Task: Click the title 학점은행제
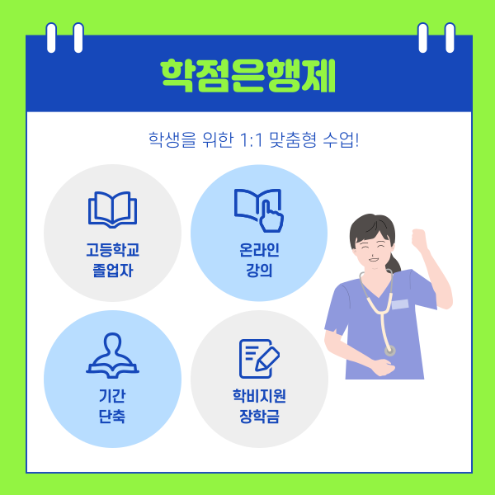[x=248, y=77]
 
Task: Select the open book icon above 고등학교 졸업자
[x=112, y=210]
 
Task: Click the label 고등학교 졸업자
[x=112, y=258]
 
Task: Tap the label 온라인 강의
[x=259, y=258]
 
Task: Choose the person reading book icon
[x=112, y=355]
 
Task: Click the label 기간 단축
[x=112, y=404]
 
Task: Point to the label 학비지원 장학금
[x=259, y=404]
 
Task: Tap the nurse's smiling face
[x=372, y=247]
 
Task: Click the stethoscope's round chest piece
[x=389, y=350]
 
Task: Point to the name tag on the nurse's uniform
[x=399, y=304]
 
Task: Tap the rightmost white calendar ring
[x=449, y=37]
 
